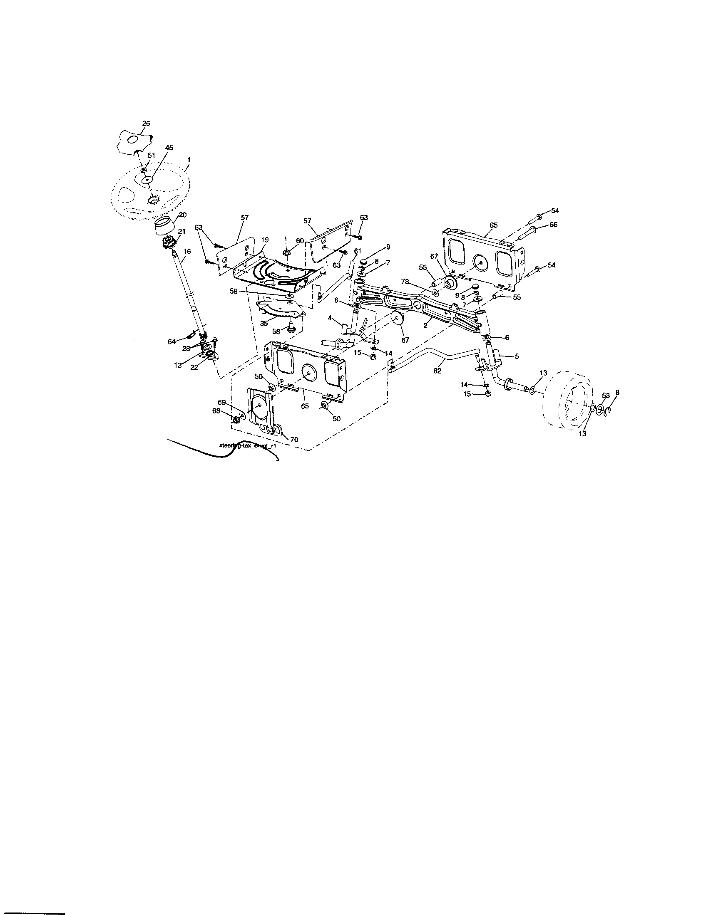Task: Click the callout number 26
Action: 146,124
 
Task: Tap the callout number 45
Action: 169,148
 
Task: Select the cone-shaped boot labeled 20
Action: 164,228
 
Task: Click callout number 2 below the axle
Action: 425,325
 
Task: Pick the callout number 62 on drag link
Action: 437,371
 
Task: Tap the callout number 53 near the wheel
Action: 606,395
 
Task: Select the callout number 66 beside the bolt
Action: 553,225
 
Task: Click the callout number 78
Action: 405,282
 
